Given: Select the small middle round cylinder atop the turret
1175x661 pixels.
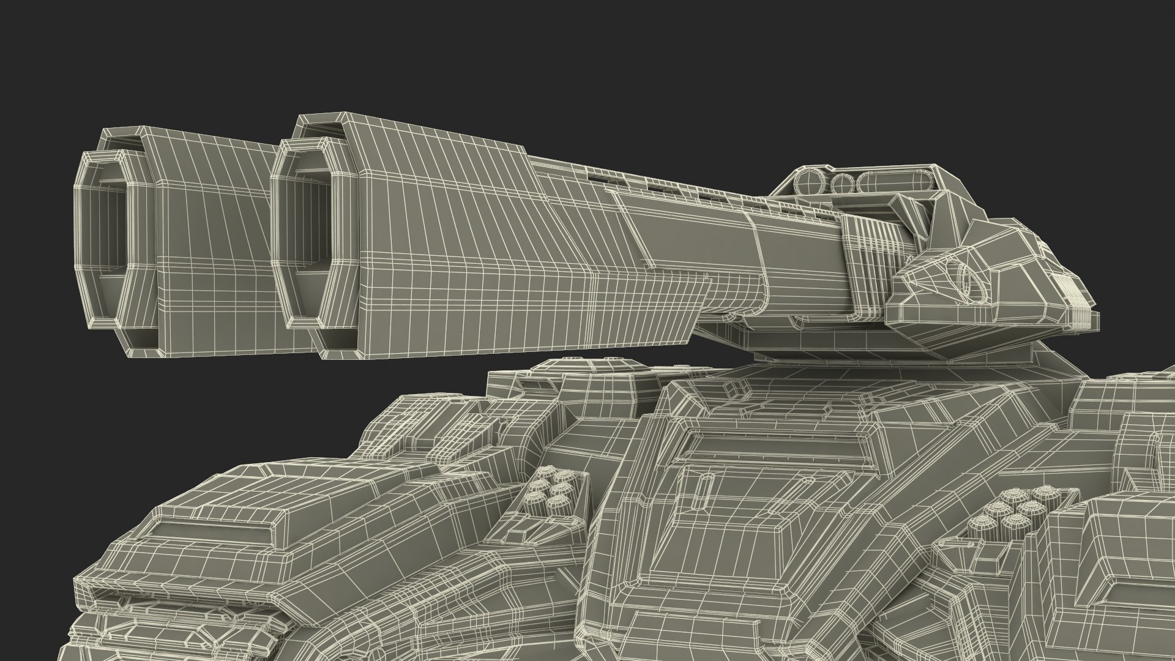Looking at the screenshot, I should point(843,184).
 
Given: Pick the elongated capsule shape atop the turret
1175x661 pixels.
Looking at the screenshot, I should point(881,182).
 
